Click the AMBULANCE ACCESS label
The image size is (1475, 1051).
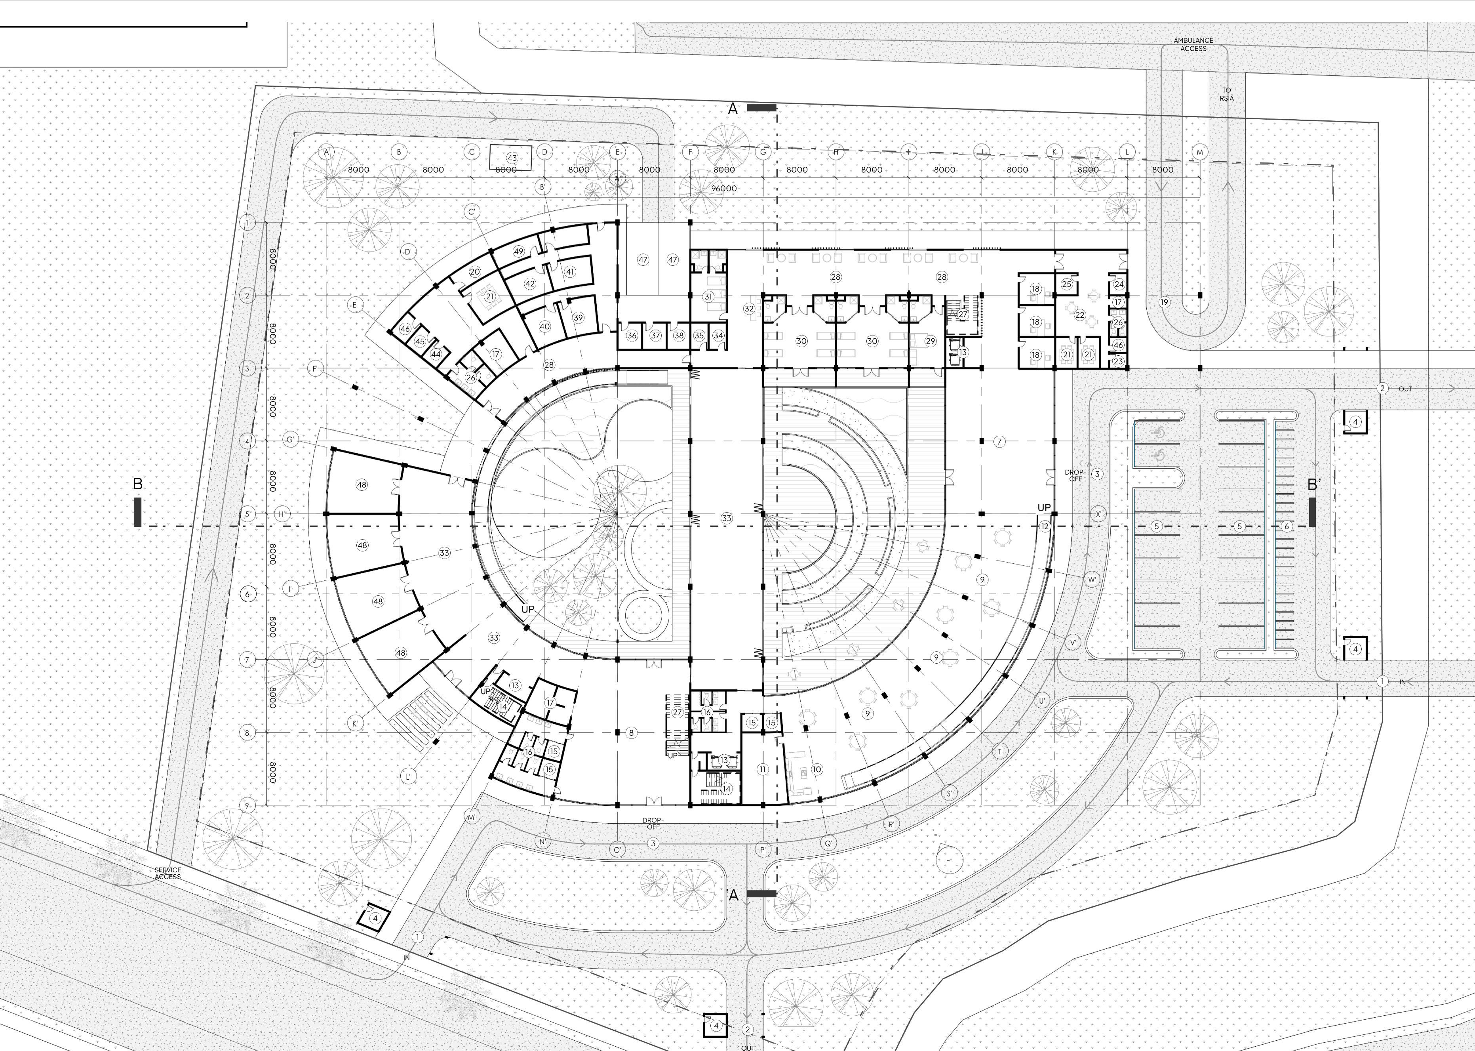pos(1193,44)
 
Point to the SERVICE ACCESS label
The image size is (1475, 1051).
pos(167,873)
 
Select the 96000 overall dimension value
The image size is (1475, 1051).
pos(724,188)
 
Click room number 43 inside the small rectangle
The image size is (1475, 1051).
pos(512,158)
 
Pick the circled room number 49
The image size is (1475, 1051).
pos(518,251)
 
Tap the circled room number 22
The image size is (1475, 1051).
pos(1079,315)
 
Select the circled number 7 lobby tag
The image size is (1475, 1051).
pos(999,441)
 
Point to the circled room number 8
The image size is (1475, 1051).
pos(631,732)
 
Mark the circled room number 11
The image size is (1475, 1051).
pos(762,769)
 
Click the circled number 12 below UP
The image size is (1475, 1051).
pos(1044,526)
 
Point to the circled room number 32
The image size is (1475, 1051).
pos(749,309)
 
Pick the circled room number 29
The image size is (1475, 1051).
pos(930,341)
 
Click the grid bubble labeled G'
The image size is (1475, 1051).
pos(291,440)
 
